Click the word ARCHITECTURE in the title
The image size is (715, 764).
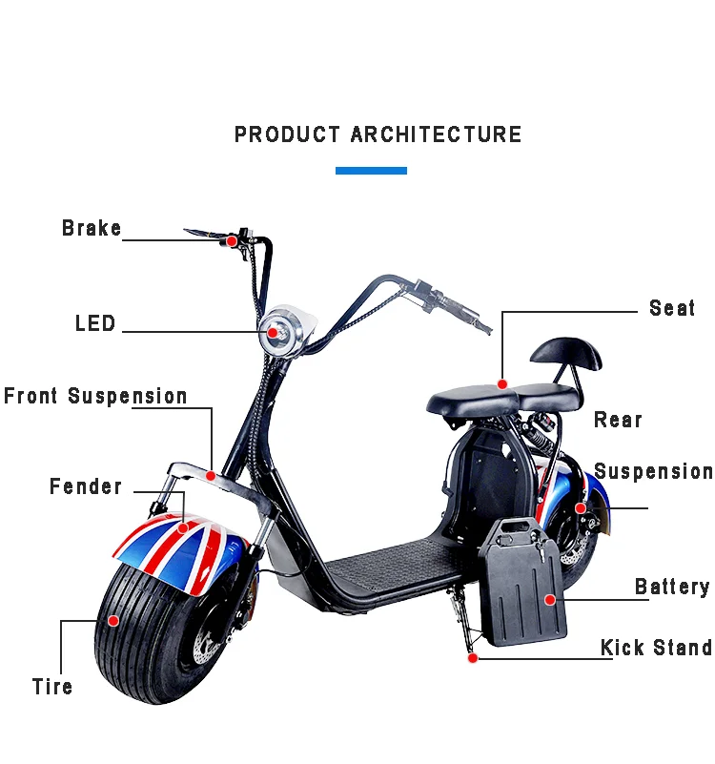(436, 134)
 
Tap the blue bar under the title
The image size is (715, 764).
(371, 171)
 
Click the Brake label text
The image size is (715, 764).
(92, 229)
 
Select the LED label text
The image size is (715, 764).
(95, 324)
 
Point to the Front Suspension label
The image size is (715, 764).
(95, 397)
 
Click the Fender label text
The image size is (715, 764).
(86, 487)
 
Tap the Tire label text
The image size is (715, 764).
(52, 687)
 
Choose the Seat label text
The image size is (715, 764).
(672, 308)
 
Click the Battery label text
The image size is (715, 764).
(672, 587)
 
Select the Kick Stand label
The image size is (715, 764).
(656, 649)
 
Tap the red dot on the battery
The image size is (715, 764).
(549, 599)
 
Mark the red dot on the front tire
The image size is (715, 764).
(112, 620)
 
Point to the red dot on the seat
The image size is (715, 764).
(502, 383)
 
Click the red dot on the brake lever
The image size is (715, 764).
(231, 241)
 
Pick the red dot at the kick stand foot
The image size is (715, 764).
(471, 657)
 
